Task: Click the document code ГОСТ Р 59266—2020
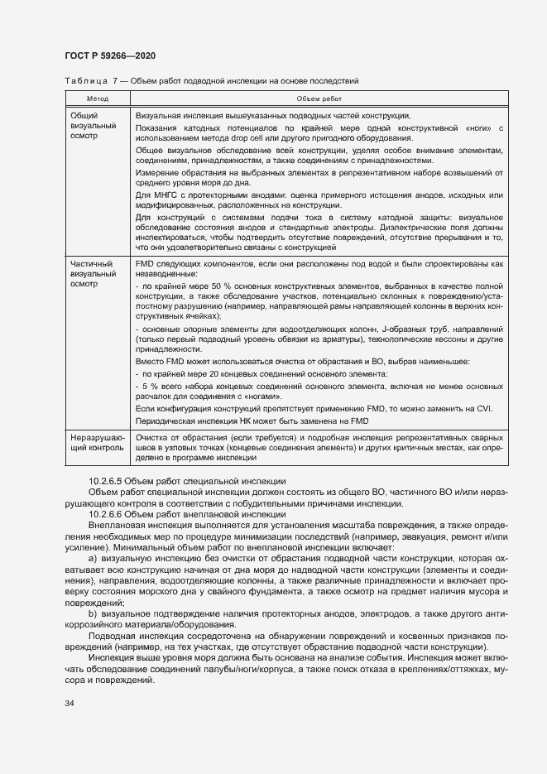(110, 55)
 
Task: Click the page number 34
(70, 703)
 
